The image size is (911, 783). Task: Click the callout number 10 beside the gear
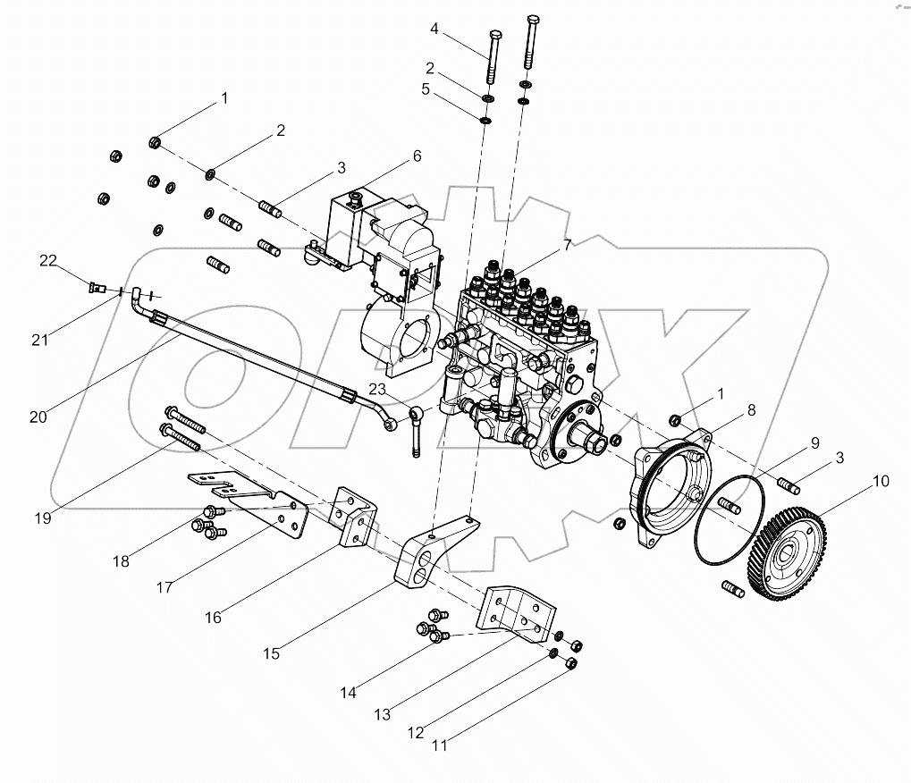[x=881, y=481]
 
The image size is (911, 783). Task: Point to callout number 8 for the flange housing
[x=751, y=411]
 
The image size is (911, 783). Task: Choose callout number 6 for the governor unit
[x=417, y=156]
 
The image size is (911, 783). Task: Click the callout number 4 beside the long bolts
[x=434, y=29]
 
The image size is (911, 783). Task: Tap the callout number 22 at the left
[x=47, y=260]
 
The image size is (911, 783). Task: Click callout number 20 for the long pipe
[x=38, y=417]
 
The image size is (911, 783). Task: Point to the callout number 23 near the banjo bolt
[x=377, y=389]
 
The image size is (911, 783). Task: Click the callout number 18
[x=121, y=561]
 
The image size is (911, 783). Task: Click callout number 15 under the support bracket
[x=271, y=653]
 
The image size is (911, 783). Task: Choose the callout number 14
[x=349, y=692]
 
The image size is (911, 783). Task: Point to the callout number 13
[x=384, y=715]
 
